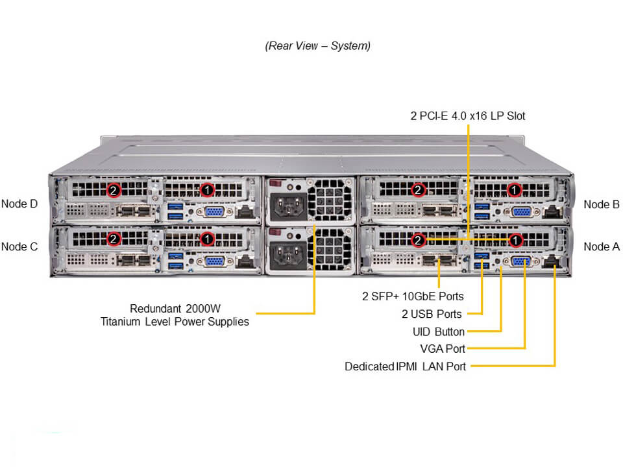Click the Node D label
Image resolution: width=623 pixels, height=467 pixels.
tap(19, 204)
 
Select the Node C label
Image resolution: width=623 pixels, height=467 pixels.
tap(19, 246)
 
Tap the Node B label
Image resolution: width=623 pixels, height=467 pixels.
tap(602, 204)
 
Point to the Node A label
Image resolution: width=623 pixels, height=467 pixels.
tap(602, 246)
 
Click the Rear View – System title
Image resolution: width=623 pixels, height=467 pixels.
tap(317, 46)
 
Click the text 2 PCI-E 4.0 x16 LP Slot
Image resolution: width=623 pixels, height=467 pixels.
tap(468, 116)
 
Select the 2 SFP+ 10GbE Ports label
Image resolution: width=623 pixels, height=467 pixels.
tap(413, 296)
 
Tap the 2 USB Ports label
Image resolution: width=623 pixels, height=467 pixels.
tap(432, 314)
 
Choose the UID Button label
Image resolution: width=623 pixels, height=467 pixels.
tap(439, 332)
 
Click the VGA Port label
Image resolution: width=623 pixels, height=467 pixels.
tap(443, 348)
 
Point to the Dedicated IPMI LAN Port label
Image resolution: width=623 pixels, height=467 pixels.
tap(405, 366)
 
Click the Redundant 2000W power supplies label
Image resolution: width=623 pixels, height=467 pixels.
tap(175, 315)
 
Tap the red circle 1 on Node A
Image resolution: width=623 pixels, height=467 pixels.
tap(515, 241)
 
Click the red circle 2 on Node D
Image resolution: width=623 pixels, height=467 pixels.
tap(114, 190)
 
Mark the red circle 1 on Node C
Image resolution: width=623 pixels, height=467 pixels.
tap(207, 239)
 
